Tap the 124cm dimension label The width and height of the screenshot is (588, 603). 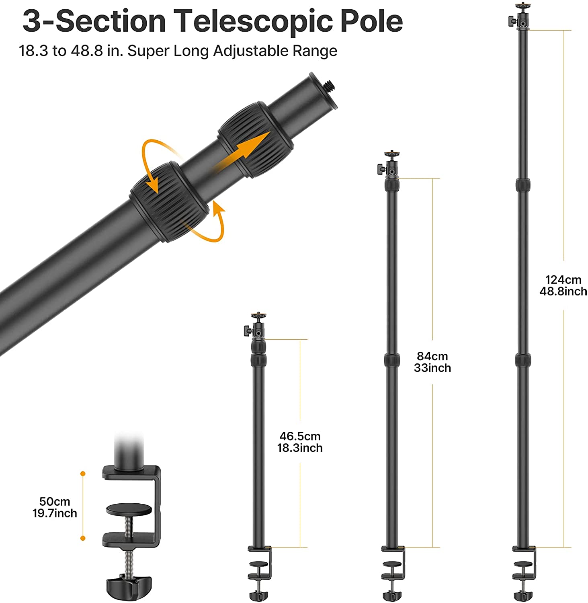click(x=563, y=280)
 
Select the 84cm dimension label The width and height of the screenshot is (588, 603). click(x=432, y=356)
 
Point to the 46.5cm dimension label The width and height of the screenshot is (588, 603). click(x=300, y=436)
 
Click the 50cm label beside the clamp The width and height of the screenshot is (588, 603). click(x=55, y=501)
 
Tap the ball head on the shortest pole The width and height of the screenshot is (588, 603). click(x=255, y=326)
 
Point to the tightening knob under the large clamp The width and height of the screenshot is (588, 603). click(x=129, y=588)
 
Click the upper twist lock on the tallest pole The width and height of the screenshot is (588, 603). click(x=522, y=185)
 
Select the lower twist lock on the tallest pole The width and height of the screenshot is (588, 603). click(x=523, y=360)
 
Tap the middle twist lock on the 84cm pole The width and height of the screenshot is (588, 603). click(x=391, y=360)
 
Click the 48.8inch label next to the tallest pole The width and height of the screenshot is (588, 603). click(x=563, y=291)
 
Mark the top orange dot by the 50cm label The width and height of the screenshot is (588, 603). click(x=83, y=474)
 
